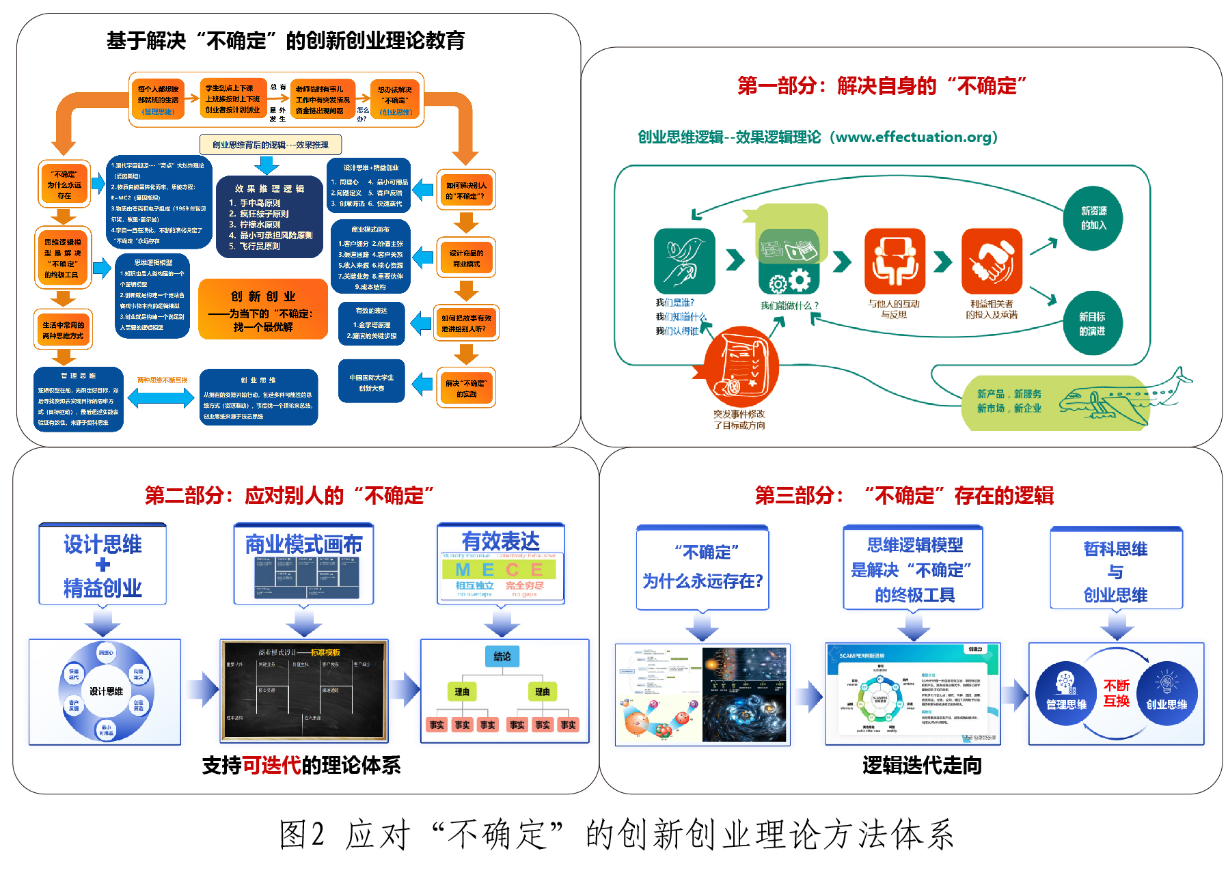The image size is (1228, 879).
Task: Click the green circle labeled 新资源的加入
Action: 1093,219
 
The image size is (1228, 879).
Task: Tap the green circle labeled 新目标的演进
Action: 1091,324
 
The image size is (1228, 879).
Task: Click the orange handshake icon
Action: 992,261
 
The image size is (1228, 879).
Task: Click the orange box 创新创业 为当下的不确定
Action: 262,309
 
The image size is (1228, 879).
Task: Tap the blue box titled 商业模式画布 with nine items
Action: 370,256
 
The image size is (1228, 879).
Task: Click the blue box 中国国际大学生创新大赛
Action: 372,382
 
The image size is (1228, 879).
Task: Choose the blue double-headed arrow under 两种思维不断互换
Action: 161,397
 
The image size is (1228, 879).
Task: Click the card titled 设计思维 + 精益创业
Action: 103,565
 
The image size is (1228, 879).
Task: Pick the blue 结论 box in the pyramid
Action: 502,656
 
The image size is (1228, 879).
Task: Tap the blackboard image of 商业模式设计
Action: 304,690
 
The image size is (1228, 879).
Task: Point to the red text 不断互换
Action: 1117,693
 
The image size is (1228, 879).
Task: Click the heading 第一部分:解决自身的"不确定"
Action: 882,86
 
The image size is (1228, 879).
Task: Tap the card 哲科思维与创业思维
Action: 1116,570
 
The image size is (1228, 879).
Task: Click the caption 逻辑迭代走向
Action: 922,766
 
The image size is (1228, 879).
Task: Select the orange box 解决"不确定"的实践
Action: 466,388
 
